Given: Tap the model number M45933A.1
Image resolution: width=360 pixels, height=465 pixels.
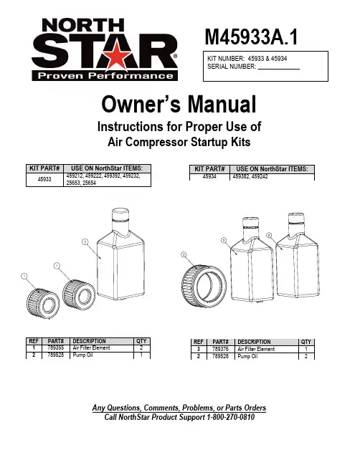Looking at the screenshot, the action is [251, 37].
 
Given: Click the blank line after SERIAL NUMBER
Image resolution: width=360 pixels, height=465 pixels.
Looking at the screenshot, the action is [279, 69].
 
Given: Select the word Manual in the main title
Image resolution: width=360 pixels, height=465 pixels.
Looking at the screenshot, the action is [222, 105].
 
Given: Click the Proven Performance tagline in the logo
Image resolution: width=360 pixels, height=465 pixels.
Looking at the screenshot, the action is [105, 76].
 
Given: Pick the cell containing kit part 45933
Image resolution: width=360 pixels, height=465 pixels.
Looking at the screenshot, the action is [44, 179].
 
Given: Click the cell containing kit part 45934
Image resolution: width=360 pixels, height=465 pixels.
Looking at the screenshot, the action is [209, 176].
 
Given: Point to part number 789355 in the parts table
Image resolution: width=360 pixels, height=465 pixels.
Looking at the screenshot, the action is [55, 347].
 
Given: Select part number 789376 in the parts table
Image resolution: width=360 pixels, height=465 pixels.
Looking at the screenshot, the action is [220, 349].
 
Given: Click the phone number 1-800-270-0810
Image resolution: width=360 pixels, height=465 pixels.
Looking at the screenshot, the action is [231, 417].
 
